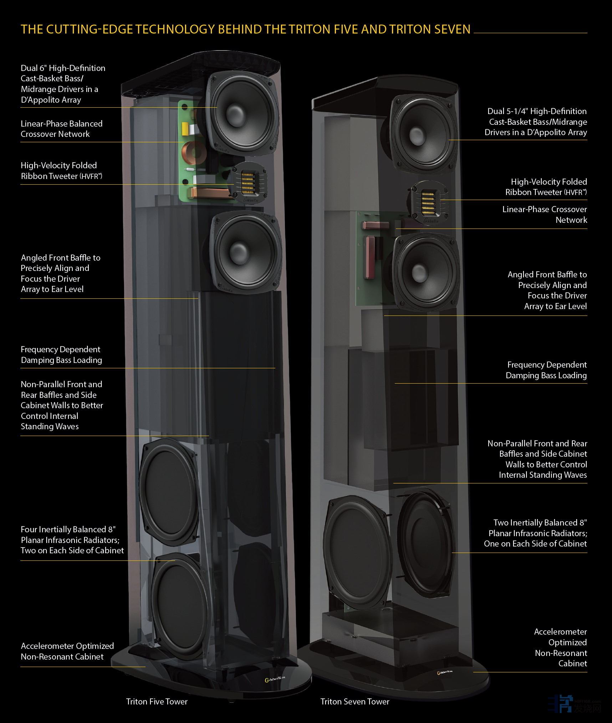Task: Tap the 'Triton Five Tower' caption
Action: [x=157, y=702]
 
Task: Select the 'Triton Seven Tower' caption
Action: [x=355, y=702]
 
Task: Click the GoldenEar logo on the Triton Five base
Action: [x=274, y=680]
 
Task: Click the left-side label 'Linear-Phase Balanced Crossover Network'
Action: [x=61, y=129]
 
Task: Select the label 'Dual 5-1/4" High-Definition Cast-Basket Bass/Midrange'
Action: [x=536, y=122]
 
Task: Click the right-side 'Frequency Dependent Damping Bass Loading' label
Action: [x=546, y=370]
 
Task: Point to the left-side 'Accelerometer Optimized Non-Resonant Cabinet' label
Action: [x=67, y=651]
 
